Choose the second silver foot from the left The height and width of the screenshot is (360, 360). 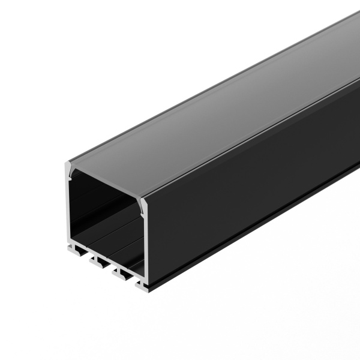(x=96, y=259)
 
